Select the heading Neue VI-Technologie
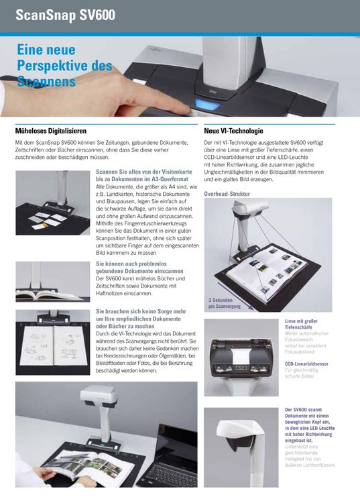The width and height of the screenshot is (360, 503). [x=233, y=131]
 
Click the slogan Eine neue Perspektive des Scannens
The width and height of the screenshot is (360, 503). [x=64, y=67]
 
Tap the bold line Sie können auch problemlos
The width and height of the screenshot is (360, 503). [x=133, y=264]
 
